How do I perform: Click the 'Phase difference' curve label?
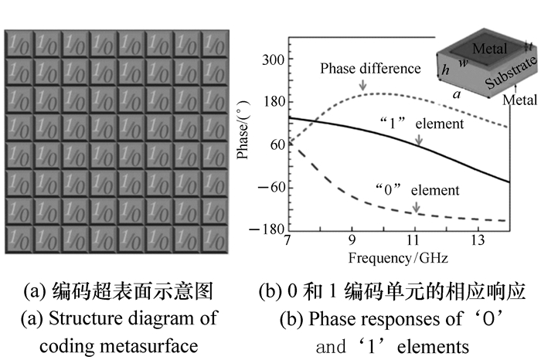click(370, 69)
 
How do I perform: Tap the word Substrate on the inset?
click(510, 72)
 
